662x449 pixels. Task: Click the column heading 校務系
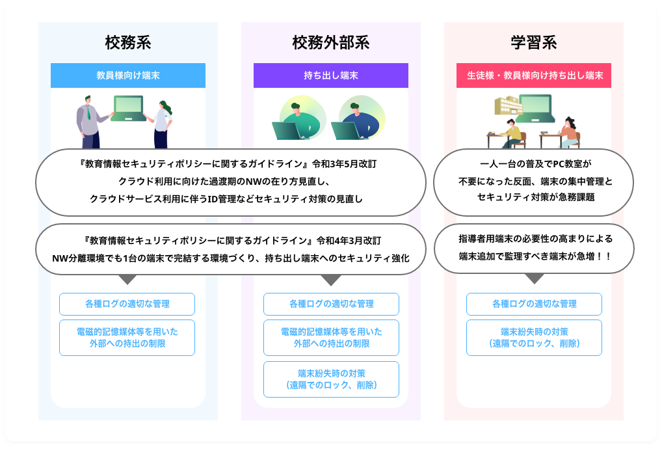tap(128, 43)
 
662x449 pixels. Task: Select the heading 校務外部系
tap(331, 43)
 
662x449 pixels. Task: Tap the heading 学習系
tap(534, 43)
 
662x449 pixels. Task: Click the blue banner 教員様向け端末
tap(128, 75)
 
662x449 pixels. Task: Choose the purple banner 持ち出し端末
tap(331, 75)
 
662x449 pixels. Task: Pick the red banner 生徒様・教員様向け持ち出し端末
tap(534, 75)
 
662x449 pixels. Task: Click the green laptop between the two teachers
tap(128, 109)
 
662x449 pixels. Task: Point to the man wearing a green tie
tap(90, 122)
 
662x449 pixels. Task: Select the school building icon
tap(509, 105)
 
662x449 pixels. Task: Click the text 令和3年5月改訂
tap(344, 164)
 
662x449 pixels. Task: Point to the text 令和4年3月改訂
tap(349, 241)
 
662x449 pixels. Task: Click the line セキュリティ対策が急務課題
tap(536, 197)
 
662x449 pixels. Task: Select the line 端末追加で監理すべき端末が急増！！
tap(535, 256)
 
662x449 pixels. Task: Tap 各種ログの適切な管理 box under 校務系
tap(127, 304)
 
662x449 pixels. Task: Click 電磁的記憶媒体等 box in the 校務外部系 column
tap(332, 338)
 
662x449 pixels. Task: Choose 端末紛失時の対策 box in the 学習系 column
tap(534, 338)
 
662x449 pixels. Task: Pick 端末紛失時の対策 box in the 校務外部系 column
tap(332, 379)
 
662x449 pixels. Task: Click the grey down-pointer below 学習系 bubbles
tap(535, 278)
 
